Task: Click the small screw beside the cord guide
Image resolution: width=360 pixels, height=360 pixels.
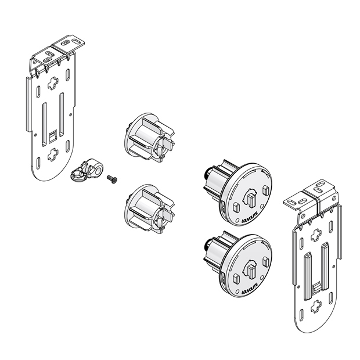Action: pyautogui.click(x=111, y=179)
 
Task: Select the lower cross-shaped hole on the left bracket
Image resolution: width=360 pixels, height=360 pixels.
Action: pyautogui.click(x=53, y=154)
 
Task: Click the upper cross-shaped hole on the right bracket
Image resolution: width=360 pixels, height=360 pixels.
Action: pyautogui.click(x=316, y=234)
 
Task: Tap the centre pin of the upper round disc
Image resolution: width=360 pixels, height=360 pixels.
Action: pyautogui.click(x=251, y=199)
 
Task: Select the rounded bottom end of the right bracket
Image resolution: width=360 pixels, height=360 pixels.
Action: pyautogui.click(x=317, y=323)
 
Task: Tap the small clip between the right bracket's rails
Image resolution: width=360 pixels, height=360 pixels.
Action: pyautogui.click(x=316, y=285)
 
